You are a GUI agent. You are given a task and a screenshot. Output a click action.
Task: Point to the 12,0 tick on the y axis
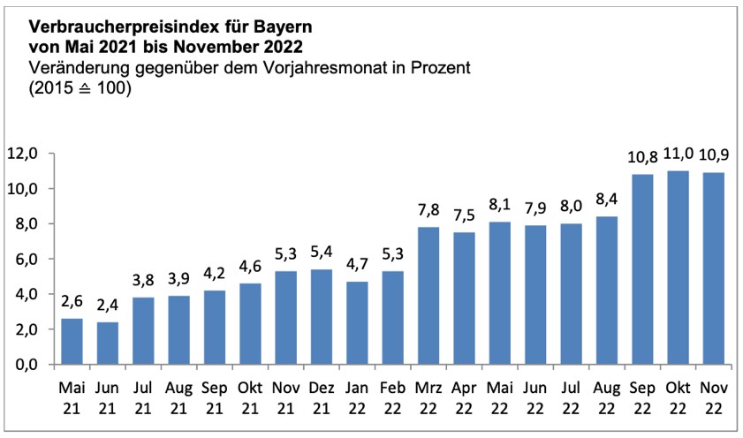coord(26,154)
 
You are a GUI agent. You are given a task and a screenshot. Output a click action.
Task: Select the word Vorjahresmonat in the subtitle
coord(335,68)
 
